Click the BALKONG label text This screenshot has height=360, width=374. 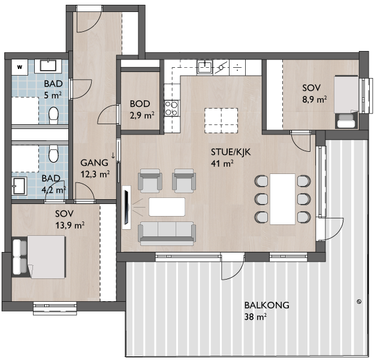[x=267, y=305]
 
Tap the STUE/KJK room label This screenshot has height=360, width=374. [x=231, y=152]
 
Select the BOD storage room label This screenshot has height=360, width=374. [x=140, y=104]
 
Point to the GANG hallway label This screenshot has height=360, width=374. [x=94, y=163]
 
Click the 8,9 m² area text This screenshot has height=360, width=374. [x=315, y=100]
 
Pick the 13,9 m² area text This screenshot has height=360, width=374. [x=70, y=225]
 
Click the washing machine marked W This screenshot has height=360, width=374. [x=20, y=67]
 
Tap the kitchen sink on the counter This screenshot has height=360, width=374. [x=205, y=67]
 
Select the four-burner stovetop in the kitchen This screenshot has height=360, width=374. [x=171, y=108]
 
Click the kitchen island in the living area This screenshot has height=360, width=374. [x=221, y=121]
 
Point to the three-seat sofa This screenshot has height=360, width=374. [x=167, y=234]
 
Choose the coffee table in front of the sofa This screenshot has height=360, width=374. [x=167, y=207]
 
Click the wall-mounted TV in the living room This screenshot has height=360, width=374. [x=126, y=208]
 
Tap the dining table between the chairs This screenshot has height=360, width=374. [x=283, y=199]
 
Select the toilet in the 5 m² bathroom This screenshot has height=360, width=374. [x=53, y=115]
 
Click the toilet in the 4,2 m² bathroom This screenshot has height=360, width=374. [x=53, y=154]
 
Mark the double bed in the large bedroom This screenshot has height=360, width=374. [x=38, y=257]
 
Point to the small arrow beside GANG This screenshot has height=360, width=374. [x=113, y=155]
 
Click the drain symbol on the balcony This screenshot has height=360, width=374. [x=359, y=302]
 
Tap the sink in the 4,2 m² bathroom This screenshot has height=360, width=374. [x=19, y=186]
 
